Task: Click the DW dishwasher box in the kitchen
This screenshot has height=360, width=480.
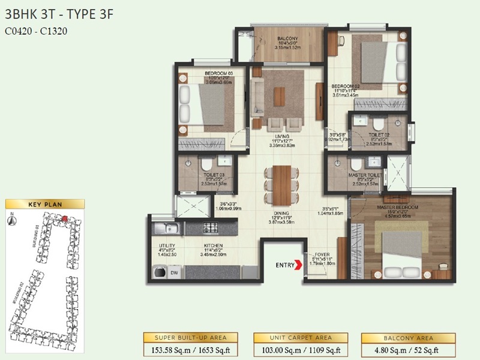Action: (174, 272)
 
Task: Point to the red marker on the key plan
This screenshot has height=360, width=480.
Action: (64, 220)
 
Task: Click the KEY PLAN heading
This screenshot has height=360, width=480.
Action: (45, 205)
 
